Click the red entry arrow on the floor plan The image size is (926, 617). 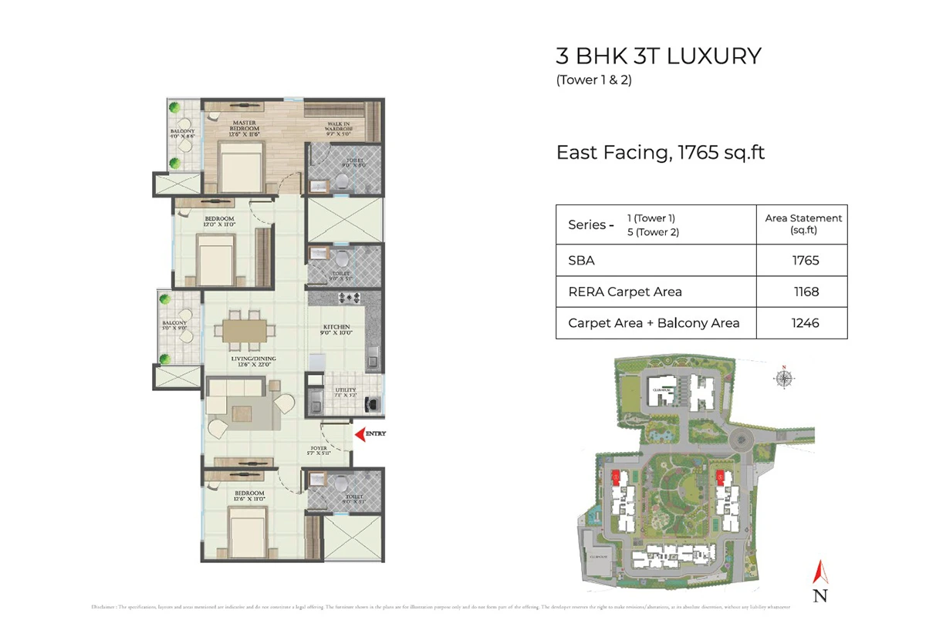tap(359, 434)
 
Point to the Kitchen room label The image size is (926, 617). tap(336, 330)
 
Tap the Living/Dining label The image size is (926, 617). tap(254, 361)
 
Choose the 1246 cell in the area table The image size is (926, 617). tap(805, 323)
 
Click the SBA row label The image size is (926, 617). tap(581, 261)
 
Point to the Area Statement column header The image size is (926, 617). tap(803, 224)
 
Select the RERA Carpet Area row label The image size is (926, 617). tap(624, 292)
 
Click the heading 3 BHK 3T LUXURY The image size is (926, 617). tap(658, 56)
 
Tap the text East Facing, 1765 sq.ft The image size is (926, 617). tap(661, 152)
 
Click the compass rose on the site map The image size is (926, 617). tap(785, 378)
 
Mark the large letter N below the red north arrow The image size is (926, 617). tap(820, 595)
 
